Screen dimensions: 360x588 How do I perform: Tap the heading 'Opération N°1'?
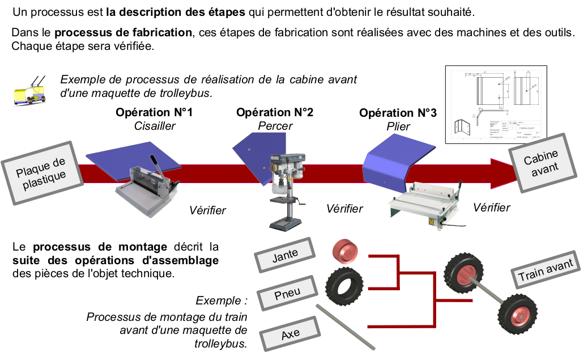click(x=154, y=112)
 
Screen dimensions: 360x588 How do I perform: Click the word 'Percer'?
click(x=275, y=125)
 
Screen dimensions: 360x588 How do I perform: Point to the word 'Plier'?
click(x=398, y=126)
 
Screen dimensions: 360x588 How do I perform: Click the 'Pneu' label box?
click(x=287, y=294)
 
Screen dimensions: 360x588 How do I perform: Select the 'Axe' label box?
click(x=290, y=333)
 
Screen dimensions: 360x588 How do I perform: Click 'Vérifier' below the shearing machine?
click(x=207, y=210)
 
